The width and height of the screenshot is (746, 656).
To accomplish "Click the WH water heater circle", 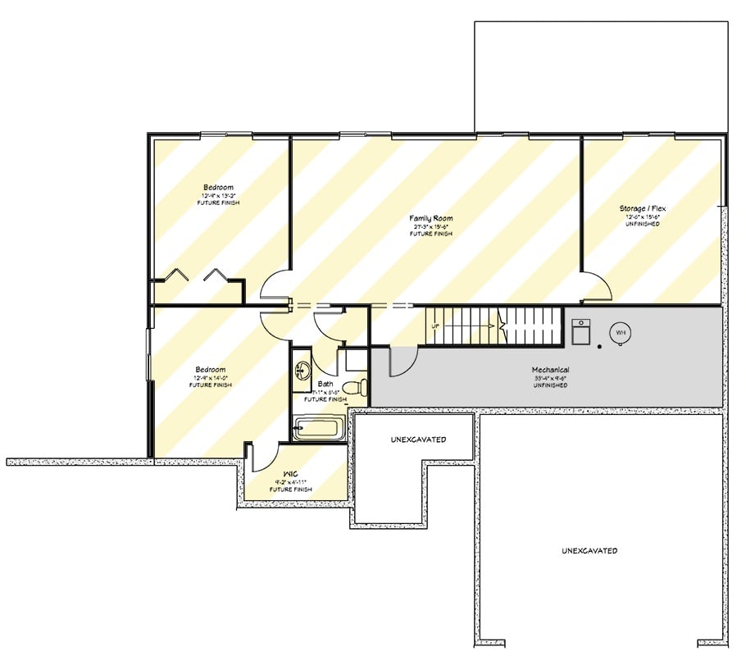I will tap(621, 332).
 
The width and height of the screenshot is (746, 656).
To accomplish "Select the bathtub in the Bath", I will tap(319, 428).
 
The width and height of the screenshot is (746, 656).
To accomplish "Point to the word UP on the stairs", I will tap(436, 326).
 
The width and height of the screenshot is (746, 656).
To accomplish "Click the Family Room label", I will tap(431, 218).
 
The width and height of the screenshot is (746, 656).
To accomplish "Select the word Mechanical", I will tap(550, 370).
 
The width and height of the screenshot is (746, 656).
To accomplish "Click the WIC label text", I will tap(290, 474).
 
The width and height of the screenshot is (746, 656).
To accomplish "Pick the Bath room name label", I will tap(325, 383).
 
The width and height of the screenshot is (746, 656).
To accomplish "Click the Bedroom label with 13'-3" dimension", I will tap(218, 188).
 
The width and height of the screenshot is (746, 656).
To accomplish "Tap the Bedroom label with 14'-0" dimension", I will tap(210, 369).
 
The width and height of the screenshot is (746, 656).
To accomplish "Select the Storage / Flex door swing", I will tap(598, 288).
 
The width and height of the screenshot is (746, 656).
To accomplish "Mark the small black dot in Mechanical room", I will tap(599, 347).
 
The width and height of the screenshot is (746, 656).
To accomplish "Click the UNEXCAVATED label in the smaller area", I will tap(418, 440).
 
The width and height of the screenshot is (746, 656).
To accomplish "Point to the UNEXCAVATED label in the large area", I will tap(589, 550).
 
